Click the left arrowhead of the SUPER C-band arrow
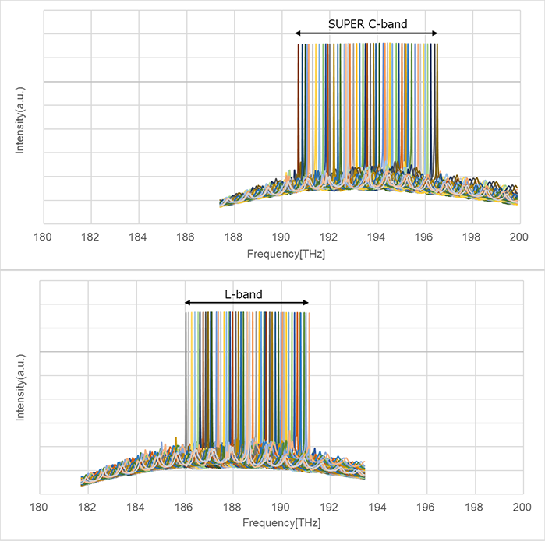298,33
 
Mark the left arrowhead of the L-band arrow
187,304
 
